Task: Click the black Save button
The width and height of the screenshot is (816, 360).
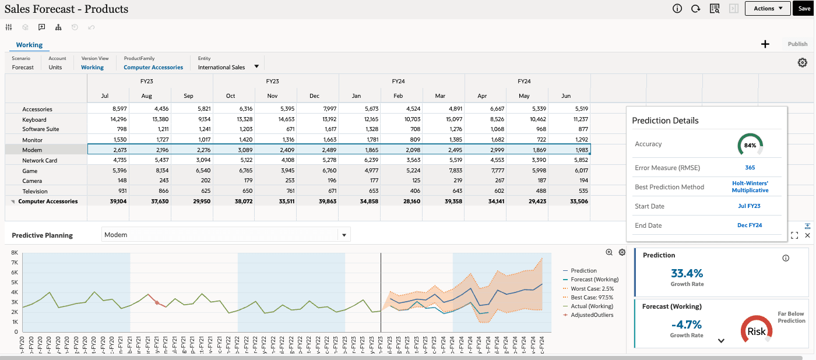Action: pos(804,8)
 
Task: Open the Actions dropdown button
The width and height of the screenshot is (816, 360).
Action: pos(768,8)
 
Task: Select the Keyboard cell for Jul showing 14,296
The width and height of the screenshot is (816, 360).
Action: pos(108,119)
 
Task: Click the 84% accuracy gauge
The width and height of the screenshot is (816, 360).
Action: pos(750,144)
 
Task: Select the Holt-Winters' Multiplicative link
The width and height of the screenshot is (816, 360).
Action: pos(750,186)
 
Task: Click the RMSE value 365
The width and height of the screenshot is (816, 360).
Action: pos(750,168)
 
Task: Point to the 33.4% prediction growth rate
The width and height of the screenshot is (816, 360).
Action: pos(687,273)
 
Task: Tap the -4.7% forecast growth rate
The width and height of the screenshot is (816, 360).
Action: pos(687,325)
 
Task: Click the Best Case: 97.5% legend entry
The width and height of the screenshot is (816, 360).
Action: pos(592,297)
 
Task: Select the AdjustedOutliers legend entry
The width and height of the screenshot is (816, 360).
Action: pos(592,315)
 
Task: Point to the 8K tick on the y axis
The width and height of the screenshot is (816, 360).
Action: pos(15,253)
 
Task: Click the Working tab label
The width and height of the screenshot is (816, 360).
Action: pos(29,45)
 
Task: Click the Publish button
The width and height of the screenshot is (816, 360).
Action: pos(797,44)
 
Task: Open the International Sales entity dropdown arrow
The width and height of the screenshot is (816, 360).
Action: pos(256,66)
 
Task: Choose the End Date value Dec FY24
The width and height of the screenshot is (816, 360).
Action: pos(750,225)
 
